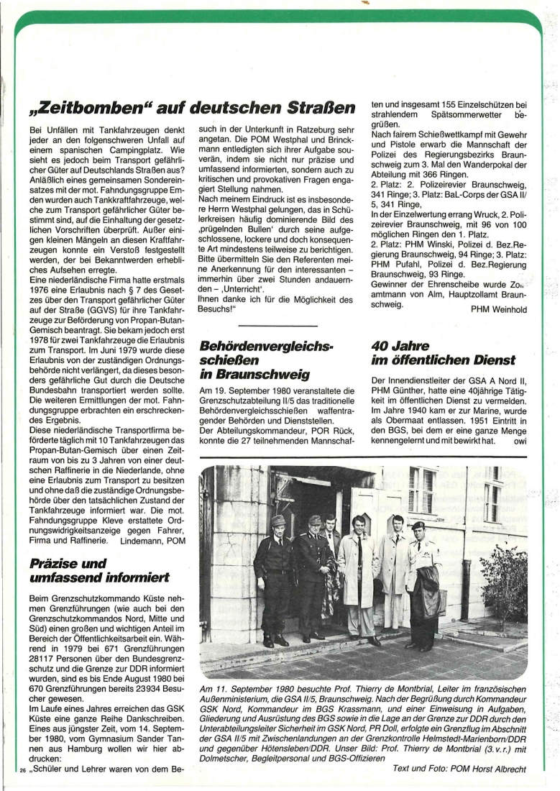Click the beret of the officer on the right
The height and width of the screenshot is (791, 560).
pyautogui.click(x=418, y=526)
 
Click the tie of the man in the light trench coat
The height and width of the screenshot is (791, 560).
pyautogui.click(x=358, y=554)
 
